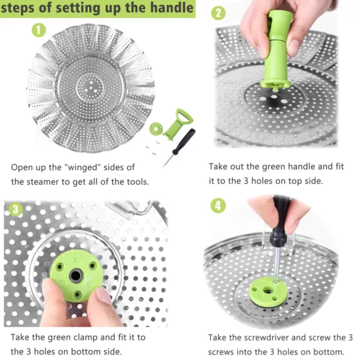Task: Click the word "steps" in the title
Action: tap(26, 8)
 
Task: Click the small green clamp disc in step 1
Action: tap(157, 128)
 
